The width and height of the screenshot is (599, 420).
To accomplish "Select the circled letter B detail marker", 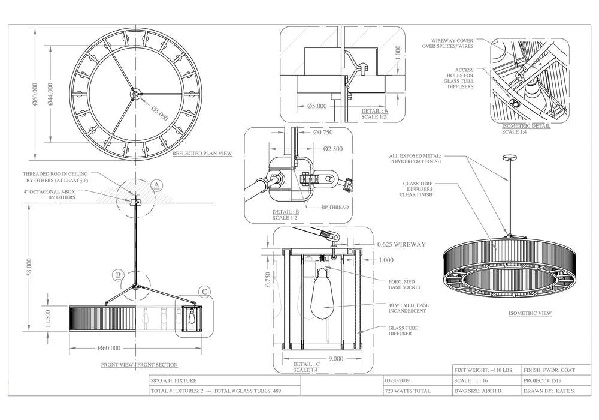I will (x=119, y=275).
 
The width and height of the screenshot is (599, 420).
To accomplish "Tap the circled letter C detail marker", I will (x=205, y=293).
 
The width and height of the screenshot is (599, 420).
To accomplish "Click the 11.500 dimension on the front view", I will (x=49, y=318).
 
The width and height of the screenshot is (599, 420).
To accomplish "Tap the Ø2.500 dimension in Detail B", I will (x=332, y=149).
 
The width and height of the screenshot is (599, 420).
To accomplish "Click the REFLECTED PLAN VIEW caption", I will (x=202, y=154).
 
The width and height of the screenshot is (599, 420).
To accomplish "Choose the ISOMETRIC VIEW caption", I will (x=530, y=313).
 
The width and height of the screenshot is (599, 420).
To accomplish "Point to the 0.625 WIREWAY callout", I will (x=401, y=244).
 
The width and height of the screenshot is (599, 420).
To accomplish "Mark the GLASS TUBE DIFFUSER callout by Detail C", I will (x=403, y=332).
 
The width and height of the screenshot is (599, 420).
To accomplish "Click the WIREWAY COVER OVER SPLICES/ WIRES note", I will (x=449, y=42).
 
